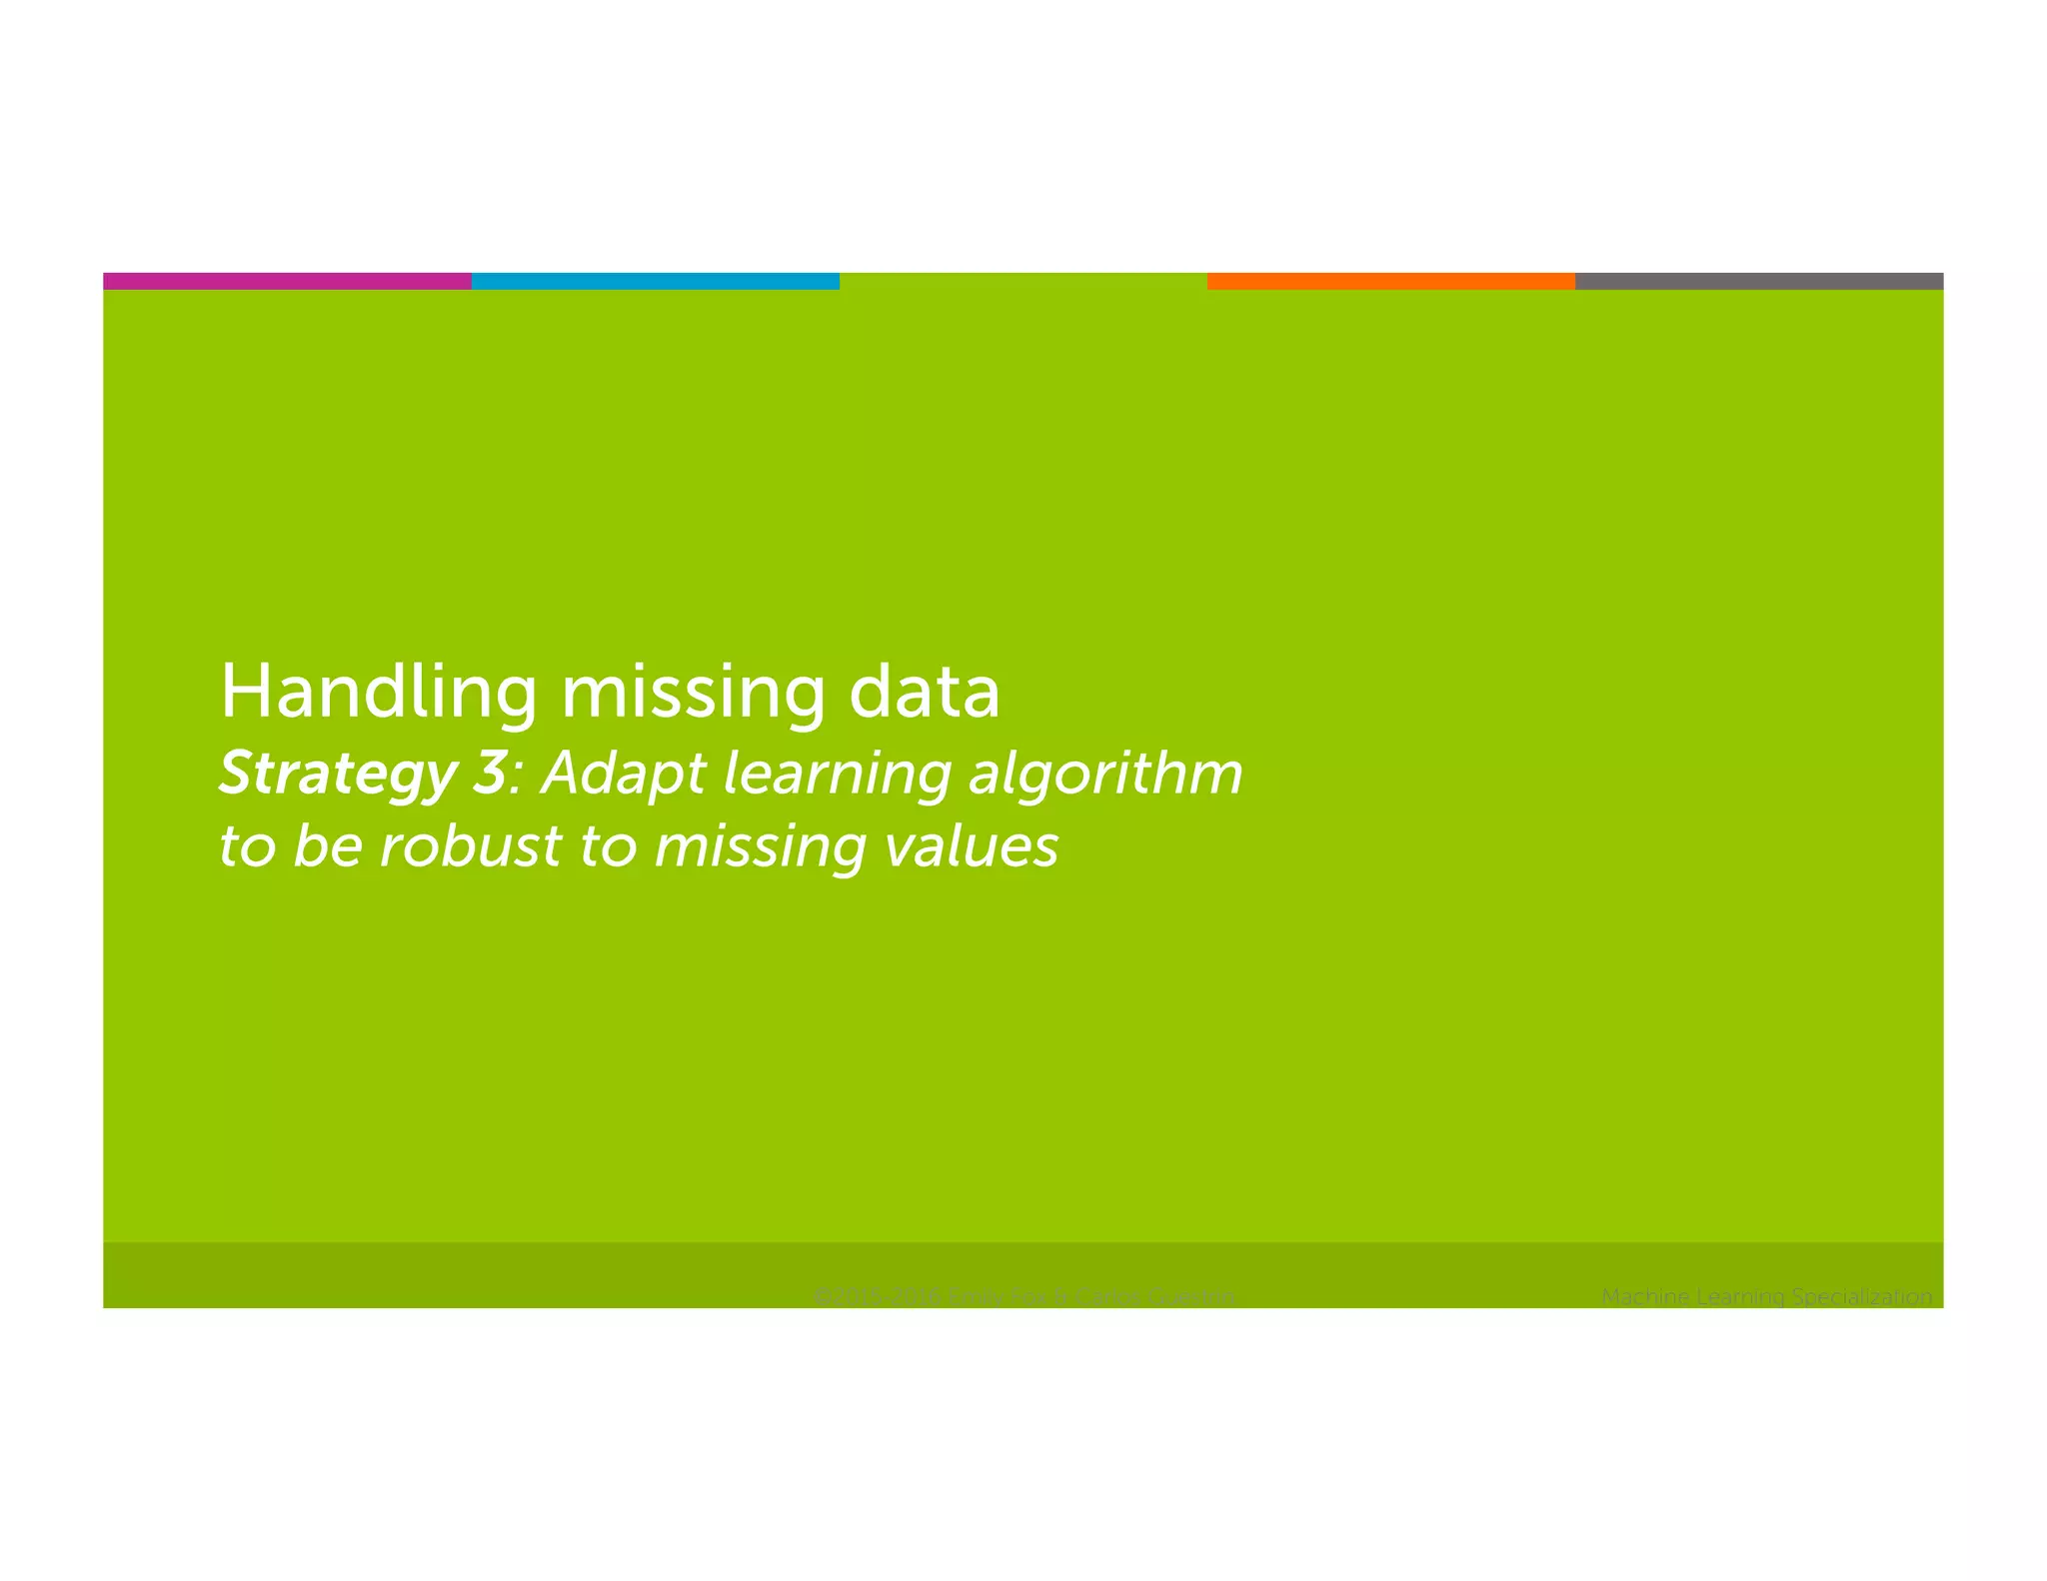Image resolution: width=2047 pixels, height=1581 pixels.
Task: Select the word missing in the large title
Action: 693,692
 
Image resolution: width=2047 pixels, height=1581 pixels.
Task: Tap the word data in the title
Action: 924,692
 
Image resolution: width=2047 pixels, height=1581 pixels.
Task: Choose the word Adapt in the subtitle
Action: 624,775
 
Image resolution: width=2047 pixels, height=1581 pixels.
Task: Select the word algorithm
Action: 1105,775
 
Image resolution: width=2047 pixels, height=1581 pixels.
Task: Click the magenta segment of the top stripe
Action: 287,281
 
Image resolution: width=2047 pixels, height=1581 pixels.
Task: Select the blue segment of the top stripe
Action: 655,281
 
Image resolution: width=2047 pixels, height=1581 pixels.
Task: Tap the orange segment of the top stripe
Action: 1390,281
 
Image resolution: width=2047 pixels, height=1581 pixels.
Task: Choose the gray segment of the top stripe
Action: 1758,281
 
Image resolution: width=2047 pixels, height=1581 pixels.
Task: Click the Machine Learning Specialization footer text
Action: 1766,1296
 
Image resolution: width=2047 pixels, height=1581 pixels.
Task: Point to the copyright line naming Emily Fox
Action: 1023,1296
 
